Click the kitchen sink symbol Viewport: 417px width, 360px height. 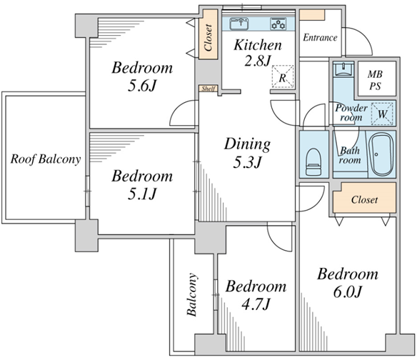tap(239, 24)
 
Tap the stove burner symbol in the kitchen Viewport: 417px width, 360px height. tap(278, 24)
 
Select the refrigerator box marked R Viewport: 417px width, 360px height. tap(283, 77)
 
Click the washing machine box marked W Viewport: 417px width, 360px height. tap(382, 114)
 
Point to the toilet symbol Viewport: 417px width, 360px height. tap(313, 161)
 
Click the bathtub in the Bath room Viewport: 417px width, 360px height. tap(382, 154)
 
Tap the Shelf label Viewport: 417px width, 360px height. tap(208, 89)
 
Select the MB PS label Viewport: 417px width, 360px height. tap(375, 79)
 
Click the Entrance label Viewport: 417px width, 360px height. tap(320, 38)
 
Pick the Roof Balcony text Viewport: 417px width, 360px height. tap(46, 159)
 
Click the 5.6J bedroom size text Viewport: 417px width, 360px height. tap(142, 86)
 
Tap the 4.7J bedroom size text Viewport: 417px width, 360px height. tap(256, 304)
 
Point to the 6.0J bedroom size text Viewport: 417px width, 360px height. tap(347, 291)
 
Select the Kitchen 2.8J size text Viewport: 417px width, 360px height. tap(258, 61)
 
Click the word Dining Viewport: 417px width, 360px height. tap(247, 144)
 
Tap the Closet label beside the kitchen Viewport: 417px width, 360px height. tap(208, 38)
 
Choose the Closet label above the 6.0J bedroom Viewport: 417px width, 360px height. tap(364, 199)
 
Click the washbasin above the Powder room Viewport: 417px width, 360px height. tap(343, 69)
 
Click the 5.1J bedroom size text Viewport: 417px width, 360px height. tap(142, 194)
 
